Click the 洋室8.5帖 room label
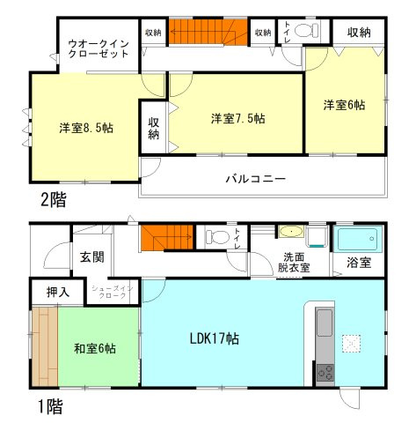click(x=86, y=127)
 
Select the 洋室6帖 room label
click(x=344, y=105)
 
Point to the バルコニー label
click(x=255, y=179)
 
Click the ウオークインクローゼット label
click(x=99, y=46)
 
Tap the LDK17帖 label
click(x=218, y=339)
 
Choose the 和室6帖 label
click(x=95, y=347)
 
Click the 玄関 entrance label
click(x=92, y=257)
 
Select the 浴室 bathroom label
click(x=359, y=263)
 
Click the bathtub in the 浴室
click(x=357, y=239)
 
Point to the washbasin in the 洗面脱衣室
click(x=289, y=233)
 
